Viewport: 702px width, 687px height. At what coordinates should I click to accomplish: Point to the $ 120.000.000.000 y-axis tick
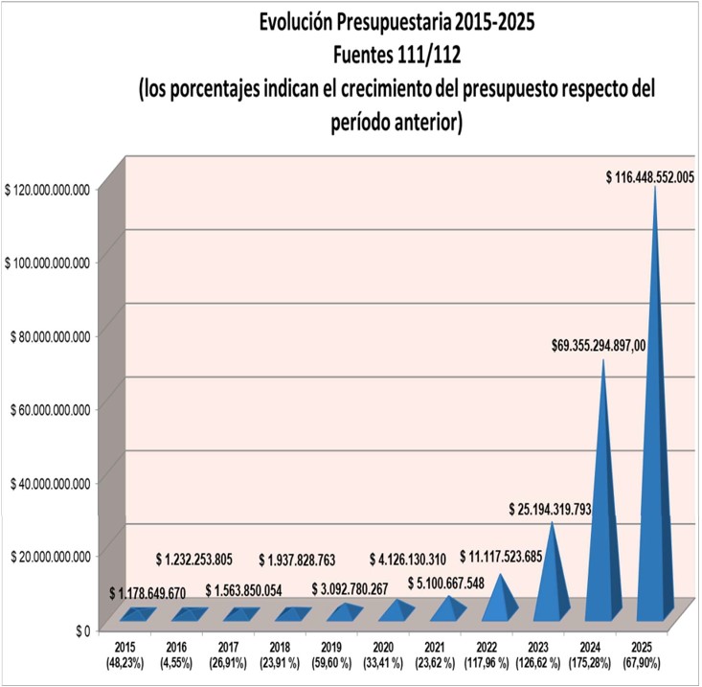(47, 189)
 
